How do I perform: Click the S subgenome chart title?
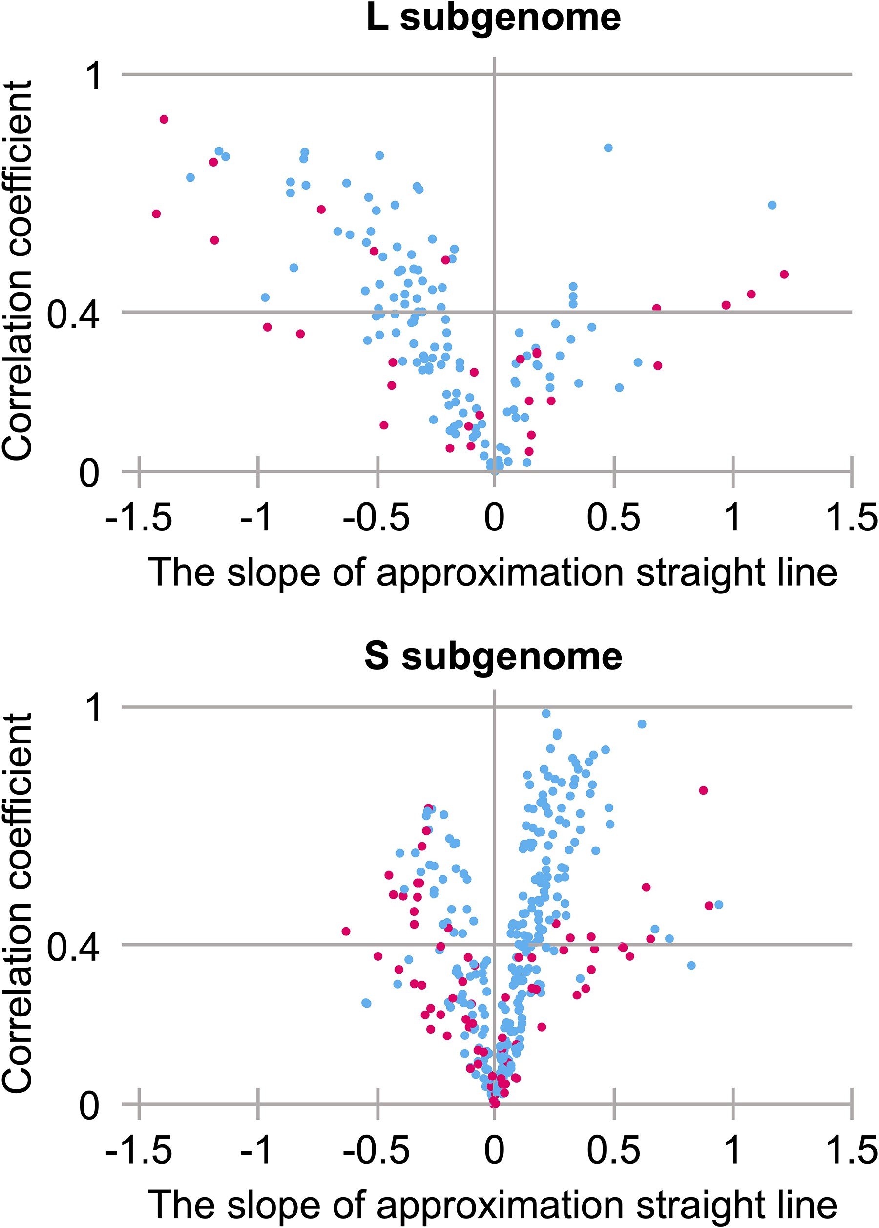(x=493, y=657)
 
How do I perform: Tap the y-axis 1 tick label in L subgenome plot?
(x=95, y=76)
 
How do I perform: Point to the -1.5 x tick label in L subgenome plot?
(x=139, y=517)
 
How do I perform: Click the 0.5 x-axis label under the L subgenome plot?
(x=613, y=517)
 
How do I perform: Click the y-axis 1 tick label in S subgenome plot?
(x=95, y=708)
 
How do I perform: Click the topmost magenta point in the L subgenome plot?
(x=164, y=119)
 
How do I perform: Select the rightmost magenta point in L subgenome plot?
(x=784, y=275)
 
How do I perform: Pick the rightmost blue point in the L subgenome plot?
(x=773, y=205)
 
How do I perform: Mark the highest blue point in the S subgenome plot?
(x=546, y=714)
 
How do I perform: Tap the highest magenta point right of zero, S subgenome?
(x=704, y=790)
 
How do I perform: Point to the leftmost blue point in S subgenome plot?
(x=366, y=1003)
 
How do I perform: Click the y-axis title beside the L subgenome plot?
(x=17, y=271)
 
